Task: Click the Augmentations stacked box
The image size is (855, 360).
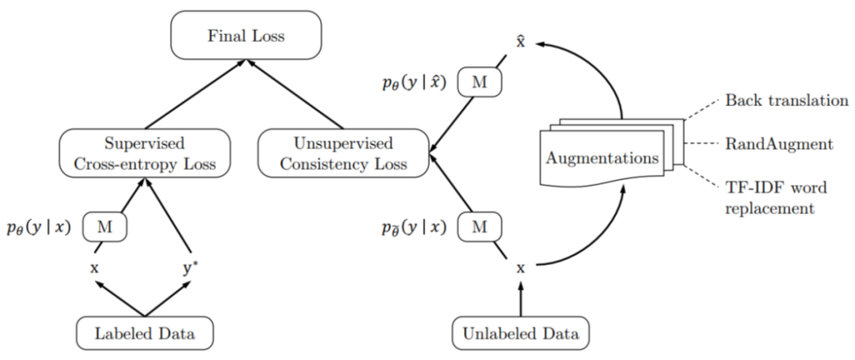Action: (x=602, y=157)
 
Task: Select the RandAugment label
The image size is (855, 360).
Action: (x=767, y=146)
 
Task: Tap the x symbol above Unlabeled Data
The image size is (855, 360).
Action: (x=520, y=267)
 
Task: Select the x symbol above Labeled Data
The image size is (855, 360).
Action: (x=95, y=267)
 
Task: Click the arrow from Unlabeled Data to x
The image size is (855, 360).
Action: (x=520, y=301)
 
